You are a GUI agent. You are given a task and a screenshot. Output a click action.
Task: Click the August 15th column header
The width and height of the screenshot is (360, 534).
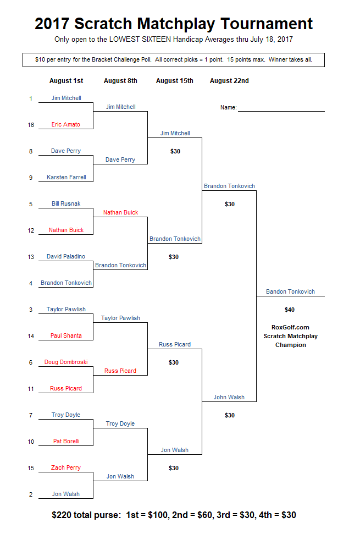(175, 81)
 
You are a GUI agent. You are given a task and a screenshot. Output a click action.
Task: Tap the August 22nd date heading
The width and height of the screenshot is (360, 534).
(229, 81)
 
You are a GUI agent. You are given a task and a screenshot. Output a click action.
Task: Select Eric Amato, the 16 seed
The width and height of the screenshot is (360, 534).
(65, 124)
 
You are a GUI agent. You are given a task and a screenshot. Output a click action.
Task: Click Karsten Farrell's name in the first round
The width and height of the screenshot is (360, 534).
(67, 177)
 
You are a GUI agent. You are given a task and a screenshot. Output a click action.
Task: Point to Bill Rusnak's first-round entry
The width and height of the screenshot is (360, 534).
(66, 203)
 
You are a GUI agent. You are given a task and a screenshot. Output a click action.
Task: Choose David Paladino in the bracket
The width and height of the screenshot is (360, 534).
(66, 256)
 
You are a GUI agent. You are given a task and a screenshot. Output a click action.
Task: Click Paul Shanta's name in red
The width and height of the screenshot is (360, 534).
(66, 335)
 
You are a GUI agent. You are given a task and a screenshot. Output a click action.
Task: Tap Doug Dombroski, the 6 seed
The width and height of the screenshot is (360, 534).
(66, 362)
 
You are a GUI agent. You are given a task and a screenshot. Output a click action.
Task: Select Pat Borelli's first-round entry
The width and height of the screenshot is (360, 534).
(67, 441)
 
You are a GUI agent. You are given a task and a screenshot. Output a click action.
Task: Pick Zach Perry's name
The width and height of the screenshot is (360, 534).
(66, 467)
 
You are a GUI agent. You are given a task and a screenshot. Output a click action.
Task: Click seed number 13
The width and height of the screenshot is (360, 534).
(31, 257)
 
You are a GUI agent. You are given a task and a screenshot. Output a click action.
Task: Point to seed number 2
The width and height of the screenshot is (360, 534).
(31, 494)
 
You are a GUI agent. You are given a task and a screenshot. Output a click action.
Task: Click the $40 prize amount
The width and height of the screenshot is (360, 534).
(290, 310)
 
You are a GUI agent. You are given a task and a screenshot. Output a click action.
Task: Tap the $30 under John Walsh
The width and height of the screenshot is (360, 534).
(230, 415)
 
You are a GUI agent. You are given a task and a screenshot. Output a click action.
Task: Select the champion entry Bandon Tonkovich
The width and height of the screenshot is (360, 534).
(291, 291)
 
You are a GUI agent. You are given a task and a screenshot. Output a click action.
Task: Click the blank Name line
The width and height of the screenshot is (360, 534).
(281, 111)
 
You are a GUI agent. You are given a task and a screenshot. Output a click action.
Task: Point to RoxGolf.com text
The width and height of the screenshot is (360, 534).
(290, 327)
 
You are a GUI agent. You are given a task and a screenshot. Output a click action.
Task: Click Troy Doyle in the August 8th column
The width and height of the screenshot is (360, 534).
(120, 423)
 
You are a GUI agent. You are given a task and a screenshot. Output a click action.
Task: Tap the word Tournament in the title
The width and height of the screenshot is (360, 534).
(267, 24)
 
